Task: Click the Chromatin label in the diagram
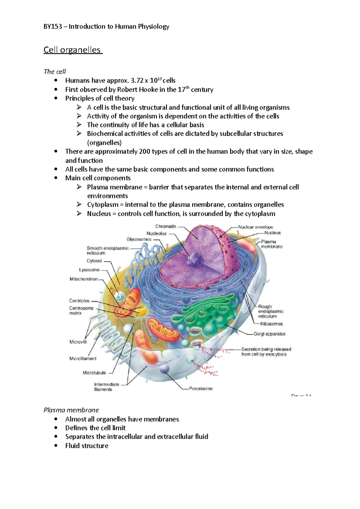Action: pos(166,226)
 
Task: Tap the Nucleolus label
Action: pos(156,233)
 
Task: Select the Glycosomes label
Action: pos(139,239)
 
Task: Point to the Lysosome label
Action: pos(89,270)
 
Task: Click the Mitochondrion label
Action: pos(84,279)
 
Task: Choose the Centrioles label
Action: pos(79,301)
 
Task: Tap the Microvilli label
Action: pos(78,342)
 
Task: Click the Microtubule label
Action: pos(94,373)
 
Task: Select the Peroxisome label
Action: pos(201,388)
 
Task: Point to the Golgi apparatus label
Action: pos(269,334)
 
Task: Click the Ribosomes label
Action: pos(271,324)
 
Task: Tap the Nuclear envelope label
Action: pos(256,227)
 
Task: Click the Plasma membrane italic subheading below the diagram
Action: pos(71,410)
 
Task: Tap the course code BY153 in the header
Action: pos(53,27)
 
